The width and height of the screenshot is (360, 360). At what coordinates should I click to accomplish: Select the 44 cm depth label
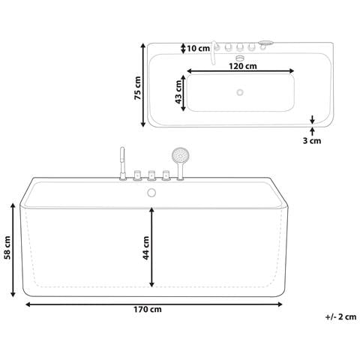[145, 246]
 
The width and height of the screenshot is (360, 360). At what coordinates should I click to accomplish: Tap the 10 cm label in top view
[199, 48]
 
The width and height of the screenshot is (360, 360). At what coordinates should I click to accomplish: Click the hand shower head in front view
[179, 155]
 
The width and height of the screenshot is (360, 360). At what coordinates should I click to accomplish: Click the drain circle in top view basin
[240, 92]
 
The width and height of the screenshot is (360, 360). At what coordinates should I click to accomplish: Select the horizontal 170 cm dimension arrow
[154, 304]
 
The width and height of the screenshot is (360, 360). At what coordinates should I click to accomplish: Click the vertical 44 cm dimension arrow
[152, 246]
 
